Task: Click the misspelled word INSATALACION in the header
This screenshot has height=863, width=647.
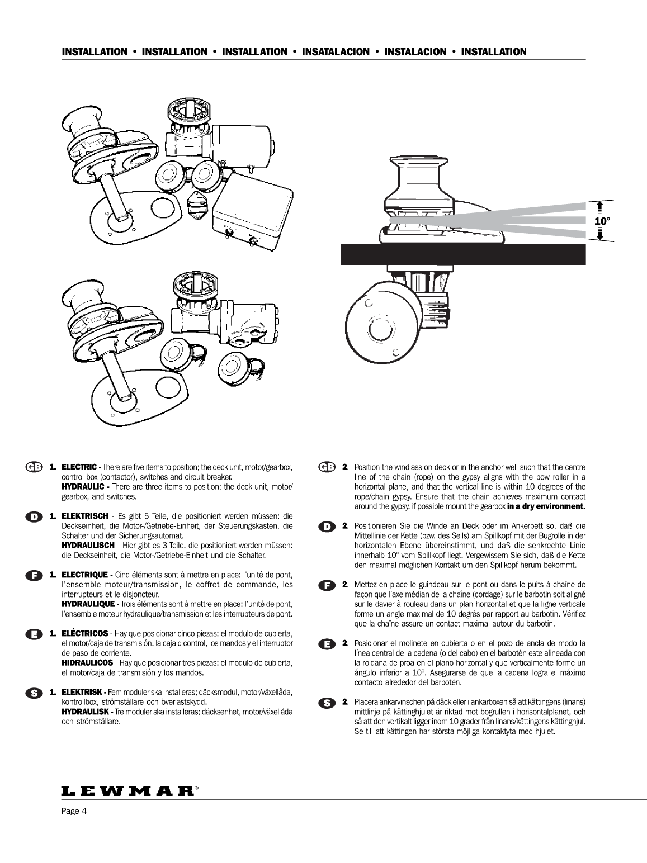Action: [336, 52]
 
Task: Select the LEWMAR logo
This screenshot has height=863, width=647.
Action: [128, 791]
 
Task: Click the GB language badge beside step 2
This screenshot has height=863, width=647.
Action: [326, 467]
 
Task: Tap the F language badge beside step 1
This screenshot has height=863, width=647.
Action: [34, 575]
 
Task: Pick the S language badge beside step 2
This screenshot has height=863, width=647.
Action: [326, 702]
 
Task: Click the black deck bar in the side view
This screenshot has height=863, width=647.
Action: [463, 255]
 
